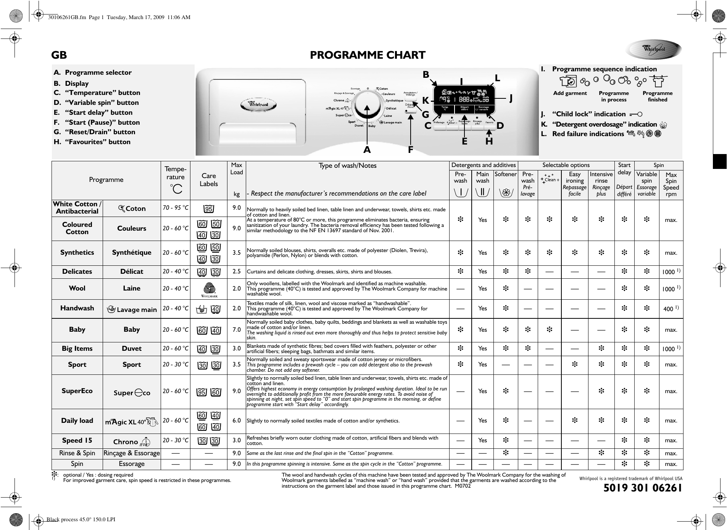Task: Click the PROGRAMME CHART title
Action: [367, 55]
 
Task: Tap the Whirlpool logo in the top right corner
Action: [654, 50]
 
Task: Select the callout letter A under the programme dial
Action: [367, 150]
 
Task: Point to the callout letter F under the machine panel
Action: [411, 150]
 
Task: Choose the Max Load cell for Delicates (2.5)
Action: [237, 271]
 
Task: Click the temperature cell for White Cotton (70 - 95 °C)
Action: [175, 208]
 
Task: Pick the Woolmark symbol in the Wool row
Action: [209, 289]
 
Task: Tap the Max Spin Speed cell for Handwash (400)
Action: [671, 308]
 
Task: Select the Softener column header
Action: [505, 174]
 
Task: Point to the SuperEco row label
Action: [77, 391]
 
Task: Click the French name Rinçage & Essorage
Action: [132, 453]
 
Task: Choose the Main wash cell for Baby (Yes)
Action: [482, 330]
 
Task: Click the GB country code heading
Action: [59, 55]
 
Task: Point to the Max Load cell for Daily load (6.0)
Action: [237, 420]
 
